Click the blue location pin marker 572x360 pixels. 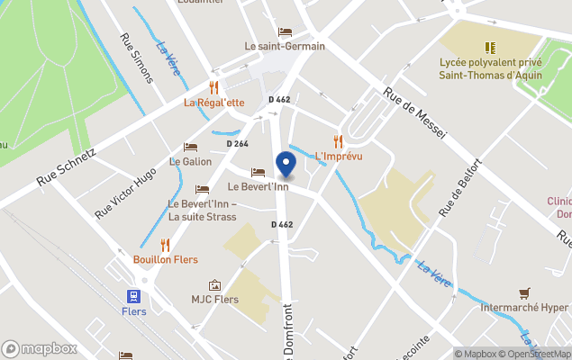tap(286, 165)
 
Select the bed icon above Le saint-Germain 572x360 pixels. tap(286, 31)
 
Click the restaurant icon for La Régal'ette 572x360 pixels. tap(213, 87)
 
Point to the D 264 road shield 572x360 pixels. tap(237, 143)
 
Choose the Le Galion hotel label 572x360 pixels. tap(190, 162)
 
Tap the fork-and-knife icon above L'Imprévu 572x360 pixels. tap(339, 141)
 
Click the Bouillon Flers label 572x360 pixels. tap(165, 259)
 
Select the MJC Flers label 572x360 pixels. tap(214, 299)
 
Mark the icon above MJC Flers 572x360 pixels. tap(214, 284)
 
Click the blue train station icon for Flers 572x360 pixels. tap(133, 296)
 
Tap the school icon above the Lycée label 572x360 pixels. tap(490, 47)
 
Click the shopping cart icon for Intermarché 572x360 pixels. tap(524, 292)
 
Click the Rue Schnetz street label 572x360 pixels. tap(65, 168)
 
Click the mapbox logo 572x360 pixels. tap(40, 349)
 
